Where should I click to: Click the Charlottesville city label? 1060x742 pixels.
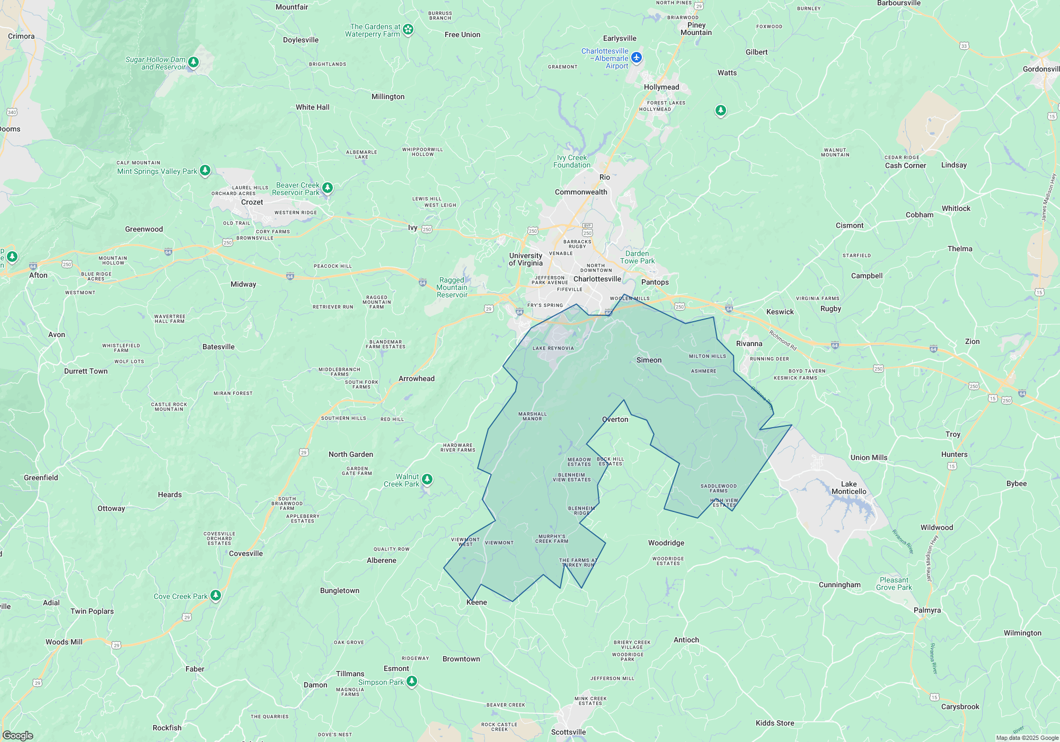pos(597,279)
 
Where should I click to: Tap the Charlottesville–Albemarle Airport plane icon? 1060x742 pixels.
pos(637,57)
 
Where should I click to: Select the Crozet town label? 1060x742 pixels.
pos(252,202)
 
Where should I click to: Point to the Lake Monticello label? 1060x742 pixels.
pos(849,488)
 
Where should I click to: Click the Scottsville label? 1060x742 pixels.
pos(568,732)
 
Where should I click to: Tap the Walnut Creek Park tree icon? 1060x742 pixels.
pos(427,480)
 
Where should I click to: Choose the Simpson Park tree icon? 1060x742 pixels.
pos(412,681)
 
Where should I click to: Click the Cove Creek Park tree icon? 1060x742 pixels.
pos(216,595)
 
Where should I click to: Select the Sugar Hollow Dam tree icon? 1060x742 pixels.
pos(193,63)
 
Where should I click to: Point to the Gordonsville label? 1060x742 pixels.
pos(1041,69)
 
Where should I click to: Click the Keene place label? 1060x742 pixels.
pos(476,602)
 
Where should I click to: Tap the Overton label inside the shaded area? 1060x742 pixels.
pos(615,419)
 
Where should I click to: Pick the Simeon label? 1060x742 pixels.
pos(649,360)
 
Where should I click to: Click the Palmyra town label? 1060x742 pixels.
pos(927,610)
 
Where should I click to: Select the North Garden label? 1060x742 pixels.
pos(351,454)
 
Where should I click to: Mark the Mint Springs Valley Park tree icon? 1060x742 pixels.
pos(205,170)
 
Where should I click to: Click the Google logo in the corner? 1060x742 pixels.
pos(17,735)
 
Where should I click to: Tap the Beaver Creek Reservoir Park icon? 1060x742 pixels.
pos(328,188)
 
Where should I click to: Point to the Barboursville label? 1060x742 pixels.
pos(898,3)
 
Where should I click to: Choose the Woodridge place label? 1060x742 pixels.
pos(666,543)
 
